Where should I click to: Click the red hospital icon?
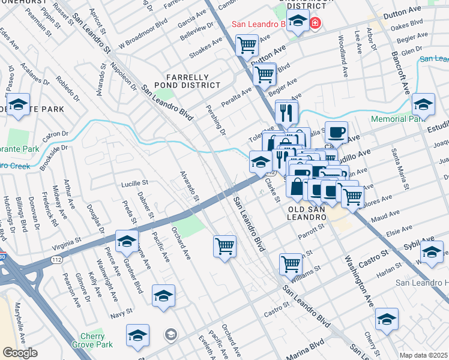point(315,24)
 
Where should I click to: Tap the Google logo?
point(19,353)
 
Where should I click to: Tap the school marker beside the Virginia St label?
point(127,241)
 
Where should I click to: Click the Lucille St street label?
point(134,183)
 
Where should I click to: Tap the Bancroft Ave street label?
point(401,66)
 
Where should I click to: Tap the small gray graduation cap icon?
point(170,334)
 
